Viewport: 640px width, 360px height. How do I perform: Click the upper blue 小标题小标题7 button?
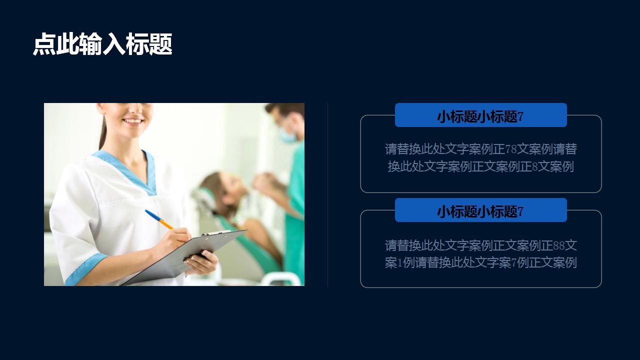(x=481, y=115)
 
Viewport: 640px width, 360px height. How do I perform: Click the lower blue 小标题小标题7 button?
(x=481, y=210)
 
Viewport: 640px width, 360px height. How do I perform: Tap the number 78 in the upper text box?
(x=511, y=149)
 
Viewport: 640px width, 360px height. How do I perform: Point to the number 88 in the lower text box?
(x=559, y=245)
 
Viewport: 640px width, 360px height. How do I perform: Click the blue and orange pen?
(x=159, y=219)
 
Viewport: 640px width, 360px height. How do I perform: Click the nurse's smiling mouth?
(x=133, y=121)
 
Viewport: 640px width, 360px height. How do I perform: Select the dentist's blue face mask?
(x=287, y=135)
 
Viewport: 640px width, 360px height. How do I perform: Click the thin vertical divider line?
(x=327, y=194)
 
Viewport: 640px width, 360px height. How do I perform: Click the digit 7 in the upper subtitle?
(x=520, y=116)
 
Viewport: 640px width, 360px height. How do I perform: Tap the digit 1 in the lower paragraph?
(x=399, y=263)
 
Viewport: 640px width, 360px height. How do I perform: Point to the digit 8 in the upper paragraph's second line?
(x=535, y=167)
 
